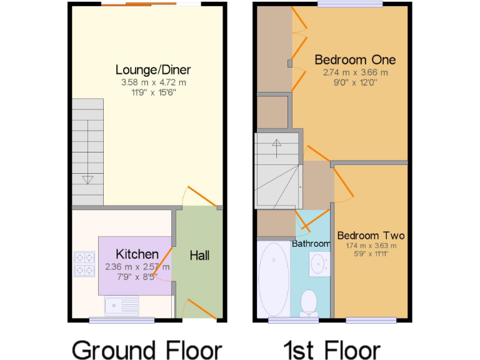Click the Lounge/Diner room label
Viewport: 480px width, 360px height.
click(x=153, y=69)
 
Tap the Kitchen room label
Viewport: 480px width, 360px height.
click(x=137, y=254)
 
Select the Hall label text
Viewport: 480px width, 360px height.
click(x=200, y=255)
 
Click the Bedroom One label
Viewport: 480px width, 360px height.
click(x=355, y=59)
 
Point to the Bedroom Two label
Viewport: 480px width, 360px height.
click(x=371, y=236)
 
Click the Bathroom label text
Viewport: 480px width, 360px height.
click(x=311, y=243)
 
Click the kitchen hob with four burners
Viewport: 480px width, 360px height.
click(x=84, y=263)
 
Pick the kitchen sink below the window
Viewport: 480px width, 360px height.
click(x=122, y=306)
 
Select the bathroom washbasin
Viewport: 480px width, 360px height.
click(x=320, y=262)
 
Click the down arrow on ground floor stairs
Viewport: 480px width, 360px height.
click(x=87, y=180)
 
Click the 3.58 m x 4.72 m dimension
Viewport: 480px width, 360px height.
click(x=153, y=82)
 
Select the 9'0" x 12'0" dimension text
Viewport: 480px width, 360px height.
click(x=355, y=81)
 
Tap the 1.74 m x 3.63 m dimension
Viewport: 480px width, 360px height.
click(x=371, y=246)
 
